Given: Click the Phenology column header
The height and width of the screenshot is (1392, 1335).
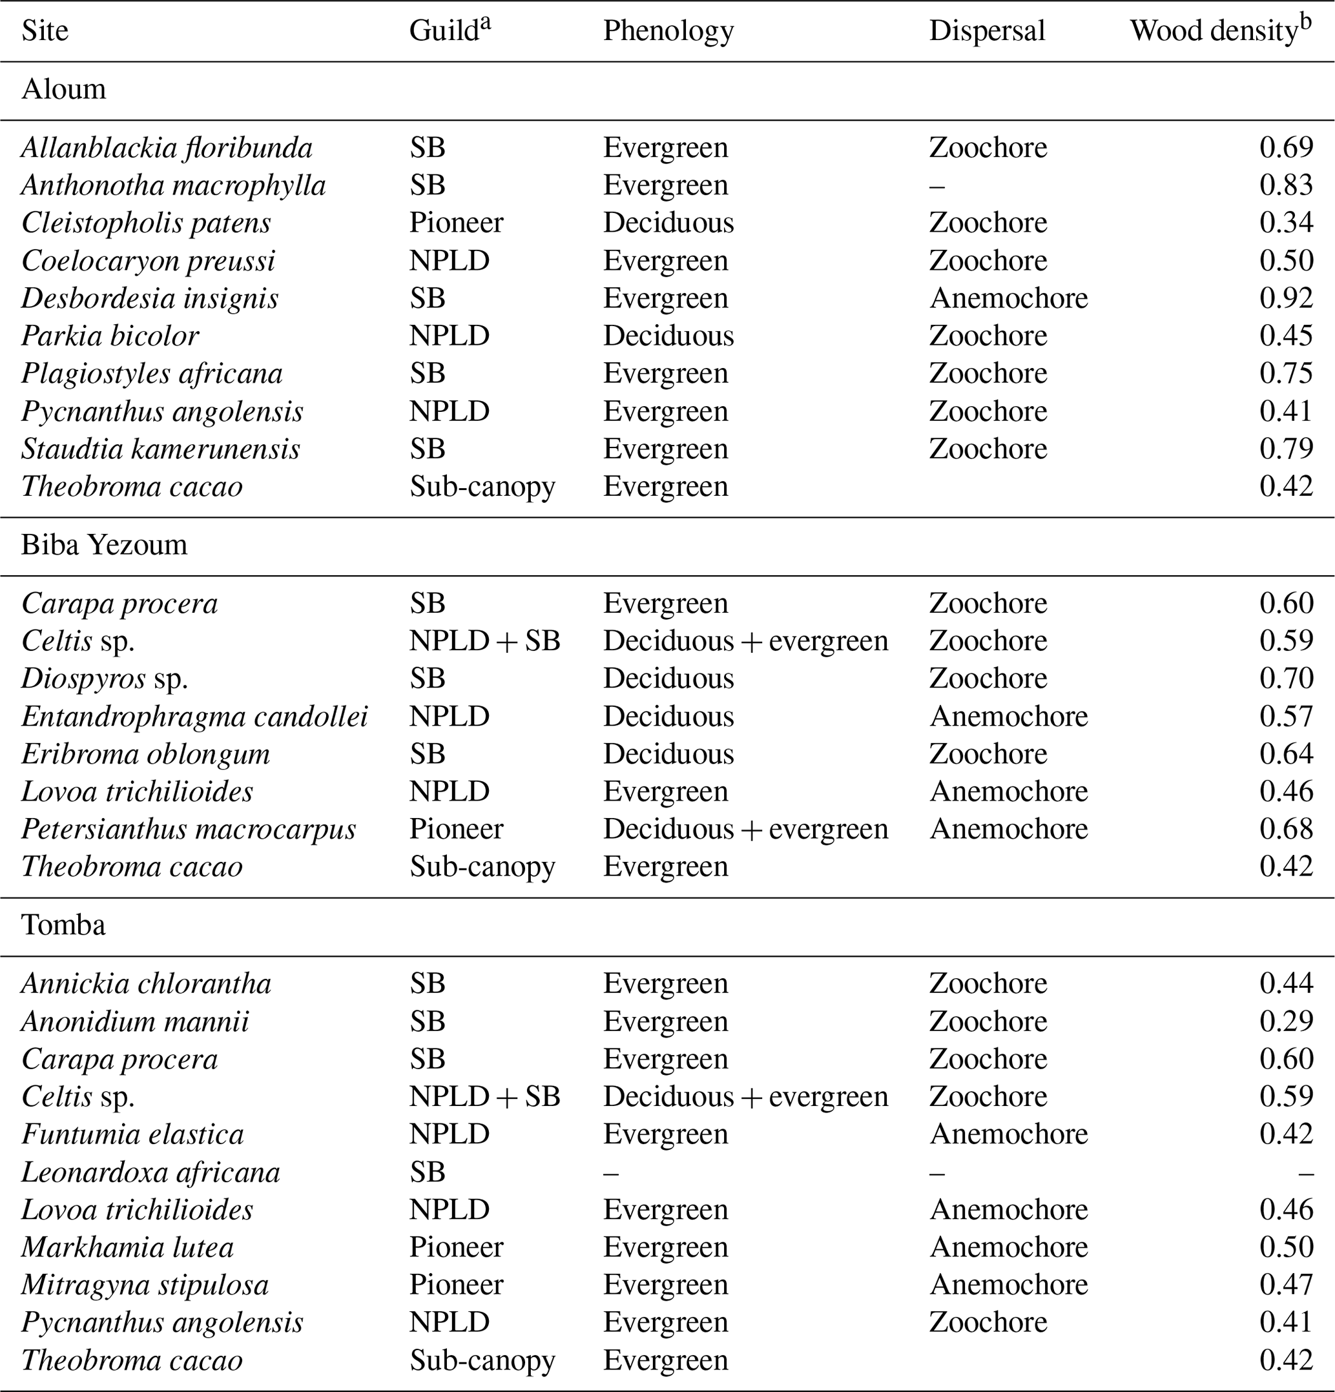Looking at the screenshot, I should [668, 31].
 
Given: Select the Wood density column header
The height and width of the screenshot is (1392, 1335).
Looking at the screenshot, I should [1219, 30].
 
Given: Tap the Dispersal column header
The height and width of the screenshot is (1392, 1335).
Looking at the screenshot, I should [987, 31].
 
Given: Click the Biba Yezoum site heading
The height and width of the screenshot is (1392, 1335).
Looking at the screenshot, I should [105, 545].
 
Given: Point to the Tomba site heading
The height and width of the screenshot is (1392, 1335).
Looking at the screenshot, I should [63, 925].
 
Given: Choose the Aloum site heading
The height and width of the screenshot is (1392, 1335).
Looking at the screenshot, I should [63, 90].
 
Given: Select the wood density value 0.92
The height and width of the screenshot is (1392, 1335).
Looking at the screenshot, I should [1286, 298].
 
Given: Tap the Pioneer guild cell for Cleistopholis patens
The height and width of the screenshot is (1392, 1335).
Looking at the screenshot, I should [456, 223].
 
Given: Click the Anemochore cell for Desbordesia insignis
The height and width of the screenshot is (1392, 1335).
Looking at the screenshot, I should [1008, 298].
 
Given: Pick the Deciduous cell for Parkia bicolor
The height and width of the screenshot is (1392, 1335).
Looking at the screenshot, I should [668, 336].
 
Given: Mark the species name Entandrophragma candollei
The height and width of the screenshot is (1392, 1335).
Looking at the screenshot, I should [194, 717].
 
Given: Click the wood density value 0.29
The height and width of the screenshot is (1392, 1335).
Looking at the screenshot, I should [1286, 1021].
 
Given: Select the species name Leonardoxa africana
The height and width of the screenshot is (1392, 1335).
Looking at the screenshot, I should [150, 1172].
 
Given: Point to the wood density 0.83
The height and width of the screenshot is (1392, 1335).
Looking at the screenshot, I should [1286, 185].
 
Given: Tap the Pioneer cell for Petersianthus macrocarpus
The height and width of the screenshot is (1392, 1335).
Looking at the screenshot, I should [456, 830].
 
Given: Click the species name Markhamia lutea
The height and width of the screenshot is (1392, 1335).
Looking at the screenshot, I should [128, 1248].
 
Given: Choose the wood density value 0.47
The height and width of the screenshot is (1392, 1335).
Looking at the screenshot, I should [1286, 1285].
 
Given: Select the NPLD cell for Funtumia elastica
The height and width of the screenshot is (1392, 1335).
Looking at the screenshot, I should [449, 1134].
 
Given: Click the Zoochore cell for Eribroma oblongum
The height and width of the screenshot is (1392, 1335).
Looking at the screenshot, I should [988, 754].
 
